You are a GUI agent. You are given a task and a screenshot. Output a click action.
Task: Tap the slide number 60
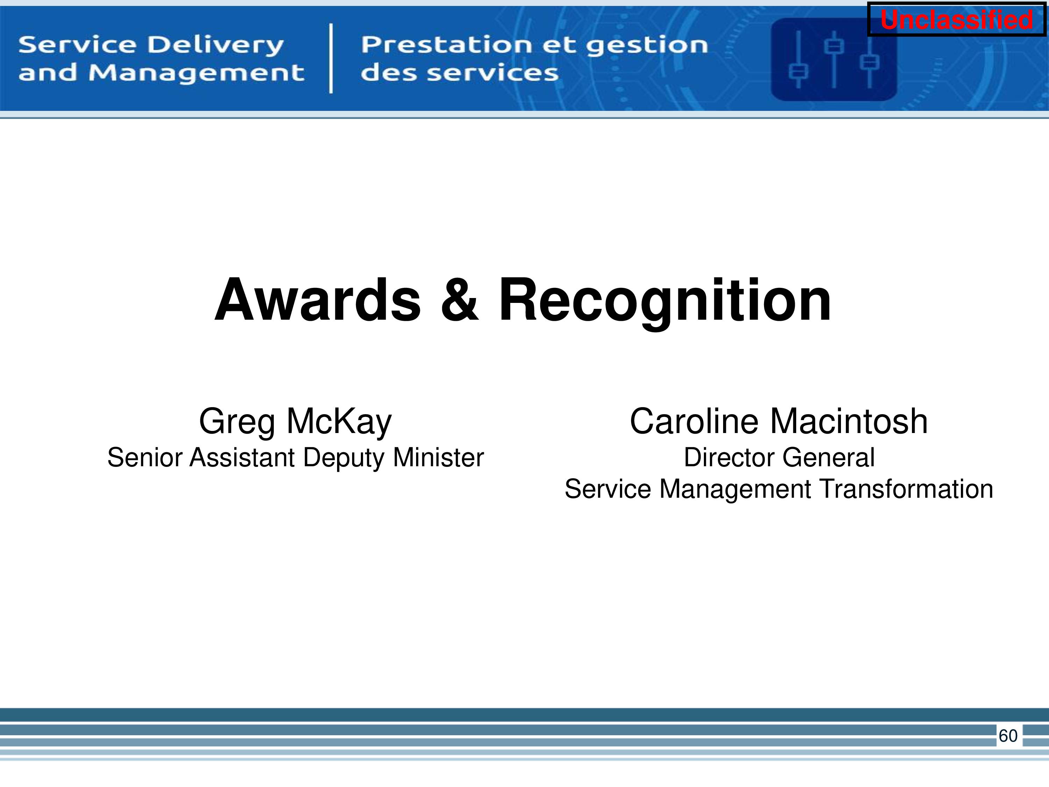tap(1008, 736)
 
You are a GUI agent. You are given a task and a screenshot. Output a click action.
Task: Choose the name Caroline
tap(694, 421)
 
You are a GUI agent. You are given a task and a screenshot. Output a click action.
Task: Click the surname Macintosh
tap(848, 421)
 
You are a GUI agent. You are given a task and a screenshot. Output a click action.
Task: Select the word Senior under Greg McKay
tap(145, 458)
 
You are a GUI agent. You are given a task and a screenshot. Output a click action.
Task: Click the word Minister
tap(438, 458)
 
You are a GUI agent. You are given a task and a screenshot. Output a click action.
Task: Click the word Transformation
tap(906, 489)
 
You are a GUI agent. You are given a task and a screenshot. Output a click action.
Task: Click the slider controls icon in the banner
tap(834, 60)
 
